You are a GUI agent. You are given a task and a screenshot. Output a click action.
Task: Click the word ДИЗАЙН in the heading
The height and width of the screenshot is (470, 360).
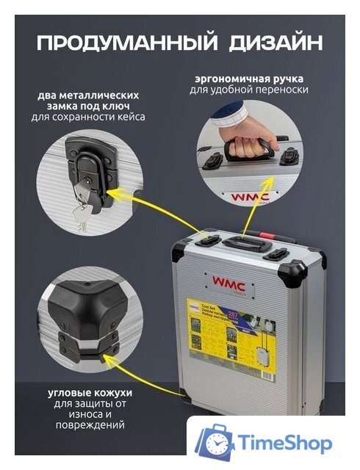[268, 41]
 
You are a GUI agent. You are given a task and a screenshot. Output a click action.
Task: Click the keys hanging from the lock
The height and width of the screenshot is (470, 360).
[83, 213]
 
